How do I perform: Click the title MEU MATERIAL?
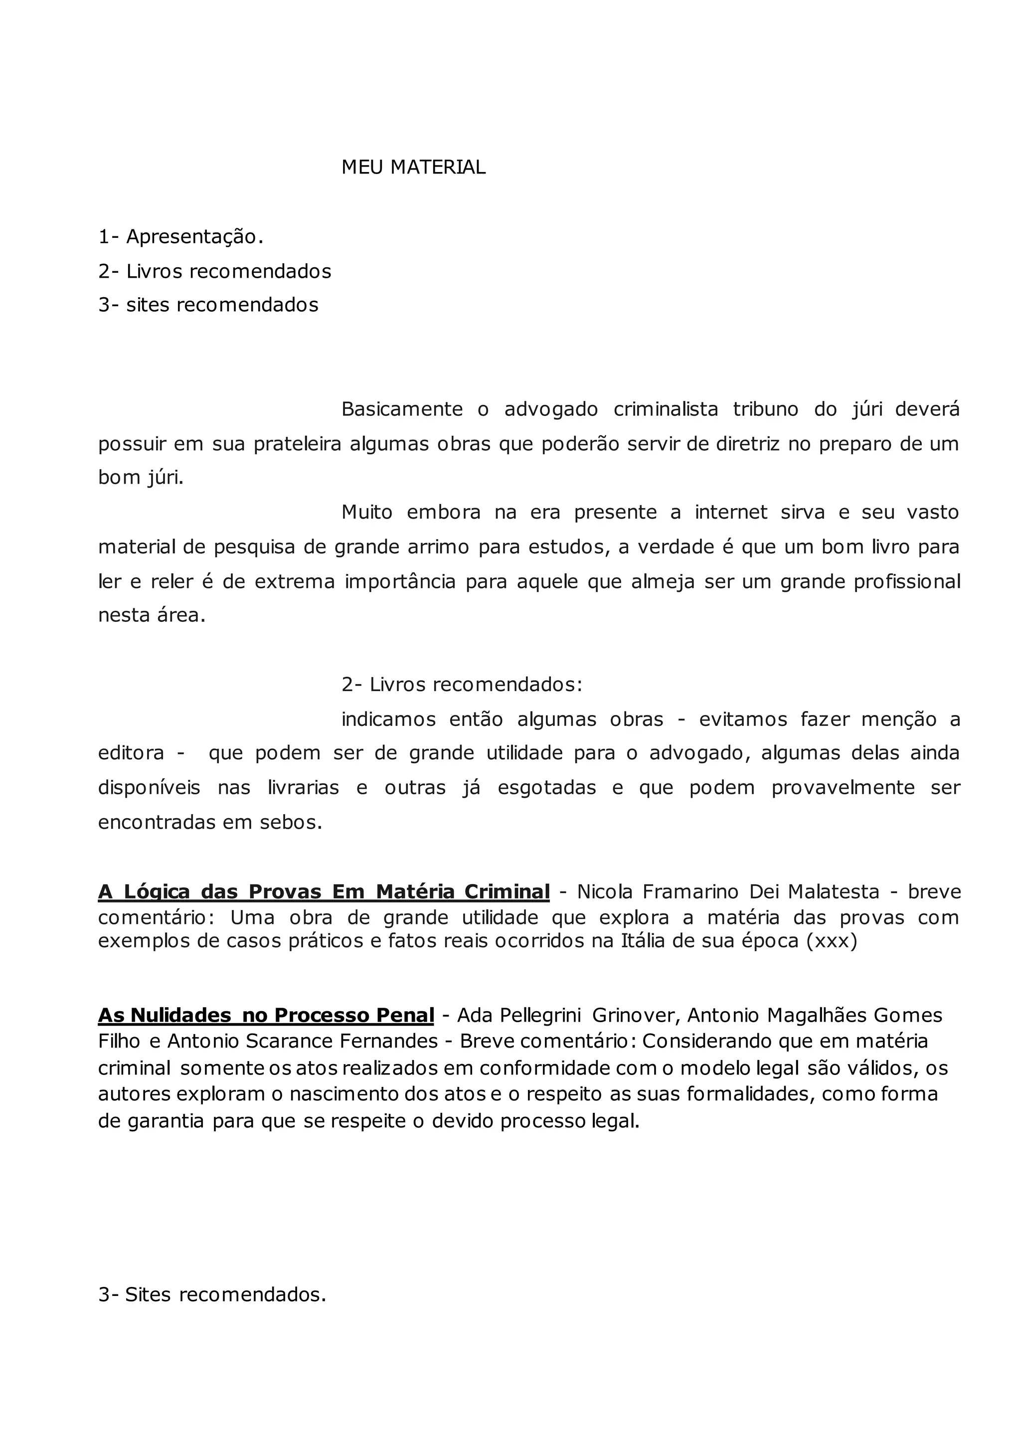[413, 168]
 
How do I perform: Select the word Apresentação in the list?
[192, 237]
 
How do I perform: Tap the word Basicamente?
[402, 409]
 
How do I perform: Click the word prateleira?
[297, 444]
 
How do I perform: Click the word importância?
[400, 582]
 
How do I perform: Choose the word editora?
[131, 753]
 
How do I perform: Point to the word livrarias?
[303, 788]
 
